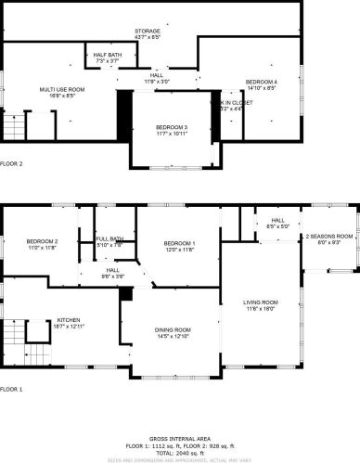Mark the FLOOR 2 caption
pos(12,163)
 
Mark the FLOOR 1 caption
pos(12,389)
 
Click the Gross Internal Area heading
pos(179,438)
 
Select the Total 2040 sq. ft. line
pos(179,451)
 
